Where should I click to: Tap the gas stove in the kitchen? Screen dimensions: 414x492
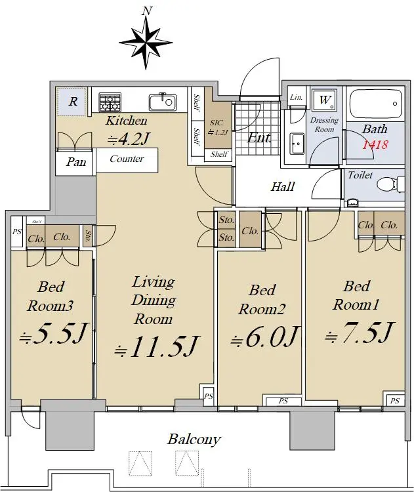(110, 102)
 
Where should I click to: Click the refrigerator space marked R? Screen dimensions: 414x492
(72, 101)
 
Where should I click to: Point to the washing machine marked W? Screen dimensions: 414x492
(324, 100)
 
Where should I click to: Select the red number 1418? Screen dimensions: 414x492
(375, 145)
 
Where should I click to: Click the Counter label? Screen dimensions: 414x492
(127, 159)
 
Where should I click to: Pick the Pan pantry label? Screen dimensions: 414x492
(76, 162)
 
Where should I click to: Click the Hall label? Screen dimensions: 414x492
(283, 187)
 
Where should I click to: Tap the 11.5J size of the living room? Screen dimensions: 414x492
(156, 347)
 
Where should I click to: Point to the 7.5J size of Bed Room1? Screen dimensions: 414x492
(358, 333)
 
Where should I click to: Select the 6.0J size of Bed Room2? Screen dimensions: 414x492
(263, 338)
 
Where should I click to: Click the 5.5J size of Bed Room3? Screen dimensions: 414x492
(52, 333)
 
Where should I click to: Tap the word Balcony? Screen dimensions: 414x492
(194, 440)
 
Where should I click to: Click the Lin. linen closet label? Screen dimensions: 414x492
(297, 97)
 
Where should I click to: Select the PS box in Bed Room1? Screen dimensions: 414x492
(395, 400)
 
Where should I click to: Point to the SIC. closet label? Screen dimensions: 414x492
(217, 123)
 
